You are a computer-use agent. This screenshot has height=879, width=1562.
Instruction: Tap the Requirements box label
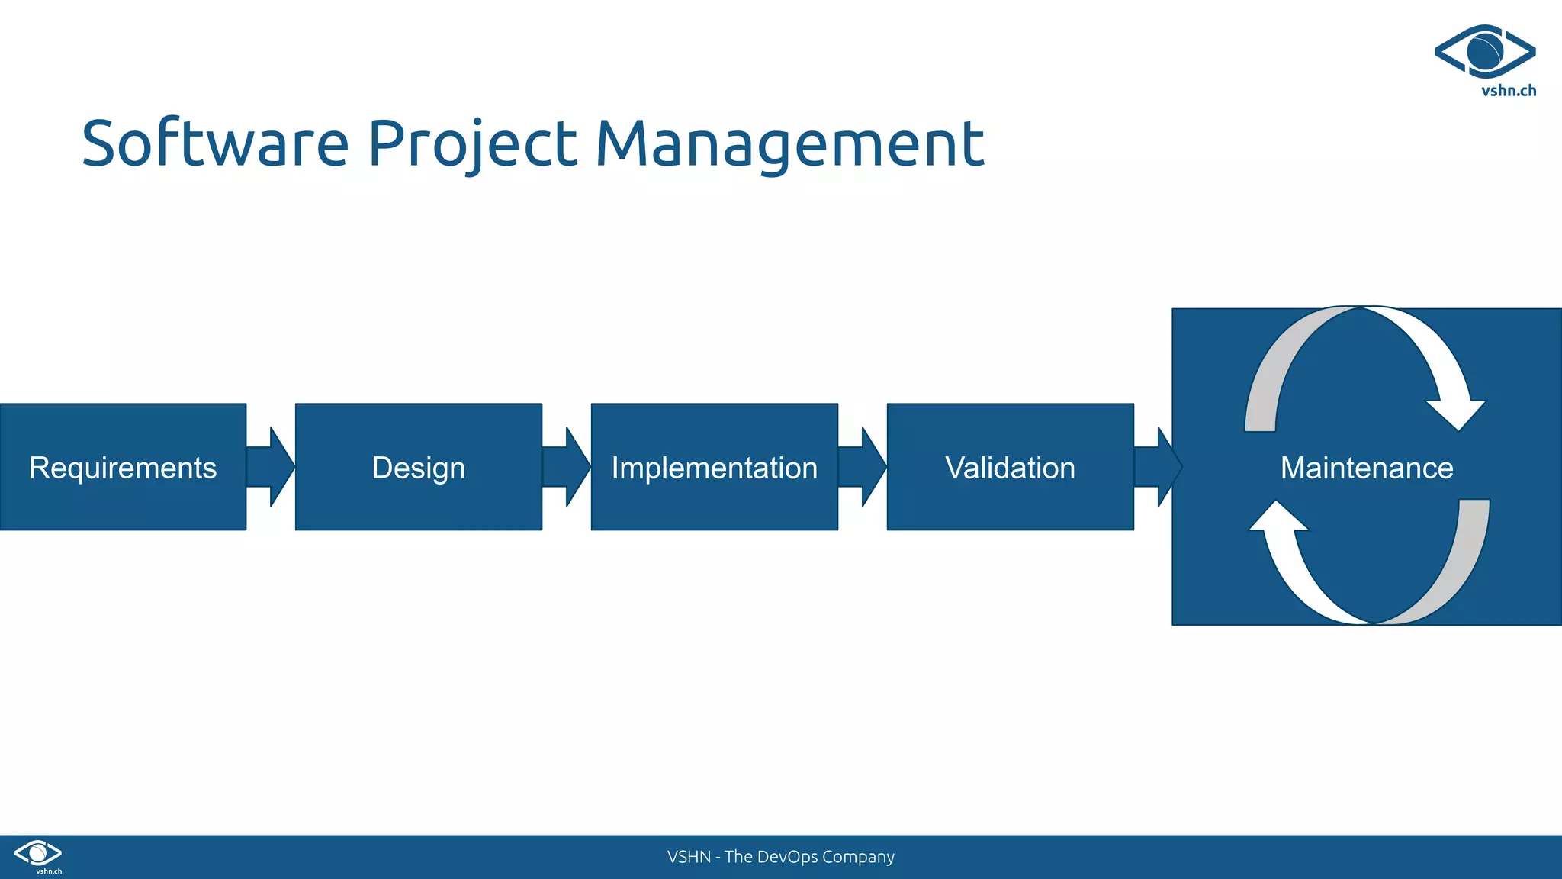[x=123, y=468]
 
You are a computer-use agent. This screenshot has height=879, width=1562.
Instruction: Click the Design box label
[x=418, y=468]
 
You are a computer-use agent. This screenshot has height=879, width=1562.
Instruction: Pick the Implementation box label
[x=714, y=468]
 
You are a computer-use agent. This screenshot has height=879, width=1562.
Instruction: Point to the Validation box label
[x=1010, y=468]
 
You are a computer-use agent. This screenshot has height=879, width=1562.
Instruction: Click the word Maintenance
[x=1367, y=468]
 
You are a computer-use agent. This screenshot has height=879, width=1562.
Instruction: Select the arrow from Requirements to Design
[x=272, y=467]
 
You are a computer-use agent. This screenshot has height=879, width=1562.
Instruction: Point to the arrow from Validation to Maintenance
[x=1158, y=467]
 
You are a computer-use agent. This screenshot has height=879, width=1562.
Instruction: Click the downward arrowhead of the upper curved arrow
[x=1456, y=413]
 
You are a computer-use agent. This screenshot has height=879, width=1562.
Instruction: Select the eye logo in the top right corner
[x=1484, y=51]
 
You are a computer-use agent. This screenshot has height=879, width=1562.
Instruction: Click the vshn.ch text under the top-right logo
[x=1508, y=91]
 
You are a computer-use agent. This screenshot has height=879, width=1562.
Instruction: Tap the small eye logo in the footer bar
[x=38, y=852]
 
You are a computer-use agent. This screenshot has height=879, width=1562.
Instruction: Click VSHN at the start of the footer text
[x=688, y=857]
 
